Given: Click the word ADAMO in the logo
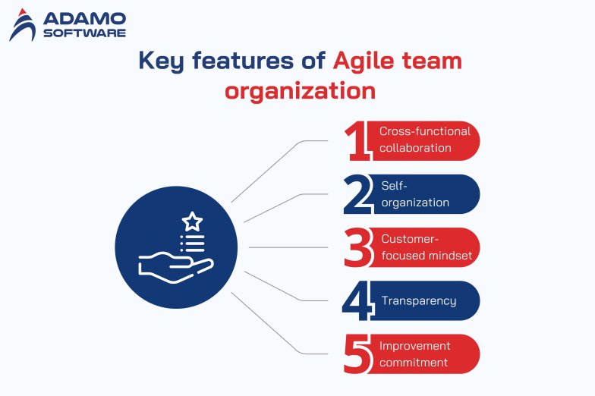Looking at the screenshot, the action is point(84,18).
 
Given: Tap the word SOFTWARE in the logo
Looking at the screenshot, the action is point(84,33).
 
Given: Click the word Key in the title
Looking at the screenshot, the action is point(161,61).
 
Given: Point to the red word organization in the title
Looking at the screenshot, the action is point(301,91).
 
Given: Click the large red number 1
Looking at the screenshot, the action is point(357,141).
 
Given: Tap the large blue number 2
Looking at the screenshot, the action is point(358,194).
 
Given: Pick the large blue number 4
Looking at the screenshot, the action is point(357,300).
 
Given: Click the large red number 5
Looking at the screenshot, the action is point(357,354).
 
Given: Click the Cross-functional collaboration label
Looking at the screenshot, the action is point(425,140).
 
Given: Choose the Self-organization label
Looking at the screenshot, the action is point(415,194).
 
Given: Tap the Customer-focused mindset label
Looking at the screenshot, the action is point(427,247).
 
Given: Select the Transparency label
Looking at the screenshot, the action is point(419,300).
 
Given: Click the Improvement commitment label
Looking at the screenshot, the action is point(414,354).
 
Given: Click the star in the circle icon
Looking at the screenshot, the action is point(193,222).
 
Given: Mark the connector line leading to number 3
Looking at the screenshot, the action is point(288,247).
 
